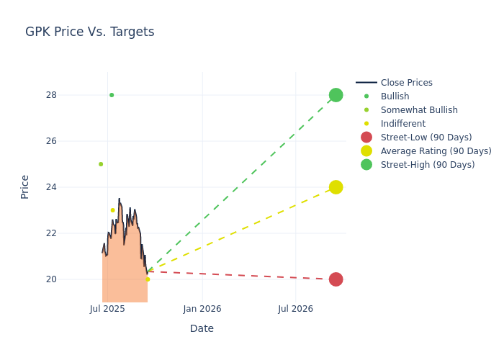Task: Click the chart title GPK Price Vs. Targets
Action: pos(89,32)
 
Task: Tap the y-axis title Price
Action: pos(25,186)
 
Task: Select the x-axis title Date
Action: pos(202,328)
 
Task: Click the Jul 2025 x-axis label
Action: pos(107,309)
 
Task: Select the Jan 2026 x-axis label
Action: pos(202,309)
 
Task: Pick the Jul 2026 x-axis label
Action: pos(295,309)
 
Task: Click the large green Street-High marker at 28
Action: pos(336,95)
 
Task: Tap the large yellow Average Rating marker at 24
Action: pos(336,187)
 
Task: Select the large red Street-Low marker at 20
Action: pos(336,279)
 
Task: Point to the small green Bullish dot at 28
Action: pos(112,95)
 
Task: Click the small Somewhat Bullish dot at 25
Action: pos(101,164)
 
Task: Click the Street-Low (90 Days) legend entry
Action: pos(426,138)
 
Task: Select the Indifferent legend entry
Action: pos(402,124)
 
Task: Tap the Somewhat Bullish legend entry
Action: pos(418,110)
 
